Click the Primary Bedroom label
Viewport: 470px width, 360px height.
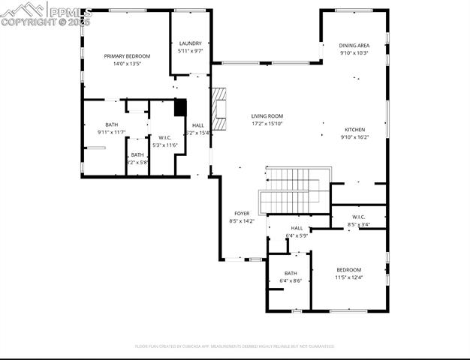[127, 56]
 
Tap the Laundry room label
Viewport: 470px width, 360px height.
[190, 43]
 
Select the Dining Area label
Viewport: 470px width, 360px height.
[354, 46]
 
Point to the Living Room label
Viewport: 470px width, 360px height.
[267, 115]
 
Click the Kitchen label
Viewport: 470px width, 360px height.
[354, 129]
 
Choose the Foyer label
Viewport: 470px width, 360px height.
[241, 214]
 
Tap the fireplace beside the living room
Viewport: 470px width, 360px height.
[218, 109]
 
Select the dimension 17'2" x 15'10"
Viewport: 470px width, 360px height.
[267, 124]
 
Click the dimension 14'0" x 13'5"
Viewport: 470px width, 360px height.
[127, 64]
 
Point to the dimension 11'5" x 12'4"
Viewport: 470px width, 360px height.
[348, 277]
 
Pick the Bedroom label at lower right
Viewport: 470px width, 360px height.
[348, 270]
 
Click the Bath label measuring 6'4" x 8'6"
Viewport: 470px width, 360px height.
[291, 273]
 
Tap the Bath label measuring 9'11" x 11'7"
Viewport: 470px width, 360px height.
[111, 124]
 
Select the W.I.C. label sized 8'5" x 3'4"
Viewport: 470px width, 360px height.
[358, 217]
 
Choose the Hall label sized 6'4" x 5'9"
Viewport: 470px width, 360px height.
[297, 228]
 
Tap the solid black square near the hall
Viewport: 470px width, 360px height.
[180, 107]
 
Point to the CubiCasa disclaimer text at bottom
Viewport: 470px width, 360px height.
[234, 346]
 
